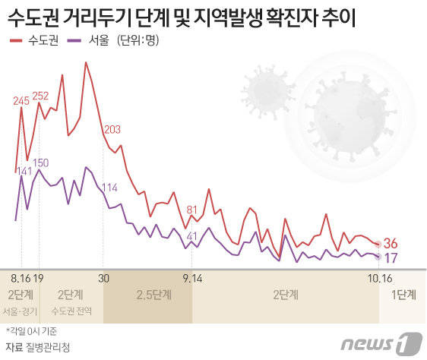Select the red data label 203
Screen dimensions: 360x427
pos(112,129)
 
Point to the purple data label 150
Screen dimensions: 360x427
pos(41,163)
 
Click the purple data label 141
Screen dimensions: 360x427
pos(24,172)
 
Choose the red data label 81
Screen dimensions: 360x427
pos(191,210)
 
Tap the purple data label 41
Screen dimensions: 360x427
pos(191,236)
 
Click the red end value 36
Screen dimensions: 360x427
pos(391,244)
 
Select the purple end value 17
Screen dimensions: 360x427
pos(391,258)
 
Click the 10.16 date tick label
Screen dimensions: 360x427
pos(381,277)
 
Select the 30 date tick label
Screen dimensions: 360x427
pos(104,277)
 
